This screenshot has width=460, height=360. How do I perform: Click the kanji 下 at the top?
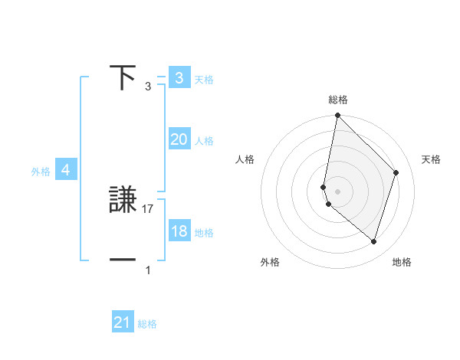tap(123, 78)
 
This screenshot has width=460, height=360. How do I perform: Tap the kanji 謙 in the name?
tap(123, 200)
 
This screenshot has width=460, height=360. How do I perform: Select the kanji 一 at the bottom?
tap(123, 260)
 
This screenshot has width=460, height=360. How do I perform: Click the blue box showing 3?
tap(179, 78)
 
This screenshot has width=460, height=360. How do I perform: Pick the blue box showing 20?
tap(179, 139)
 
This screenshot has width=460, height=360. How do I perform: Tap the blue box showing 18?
tap(179, 231)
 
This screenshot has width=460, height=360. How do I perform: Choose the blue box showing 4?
tap(66, 170)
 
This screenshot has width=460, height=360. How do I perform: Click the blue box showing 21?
tap(123, 322)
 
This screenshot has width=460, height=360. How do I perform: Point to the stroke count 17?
tap(149, 208)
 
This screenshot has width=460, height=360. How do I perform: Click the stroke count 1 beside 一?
tap(148, 270)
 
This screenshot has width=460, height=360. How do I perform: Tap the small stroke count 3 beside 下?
tap(148, 87)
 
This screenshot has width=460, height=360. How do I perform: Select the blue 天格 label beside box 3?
tap(204, 80)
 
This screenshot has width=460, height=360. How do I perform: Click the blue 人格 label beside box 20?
tap(204, 141)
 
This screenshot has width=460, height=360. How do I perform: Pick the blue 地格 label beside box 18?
tap(204, 233)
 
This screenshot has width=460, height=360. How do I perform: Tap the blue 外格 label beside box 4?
tap(41, 172)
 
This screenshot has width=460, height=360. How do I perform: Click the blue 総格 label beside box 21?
tap(147, 324)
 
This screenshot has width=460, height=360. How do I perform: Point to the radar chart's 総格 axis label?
tap(338, 100)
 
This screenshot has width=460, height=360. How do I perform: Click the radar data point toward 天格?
tap(396, 172)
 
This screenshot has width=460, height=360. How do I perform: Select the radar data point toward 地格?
tap(373, 241)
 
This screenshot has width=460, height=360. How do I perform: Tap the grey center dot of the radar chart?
tap(337, 191)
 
